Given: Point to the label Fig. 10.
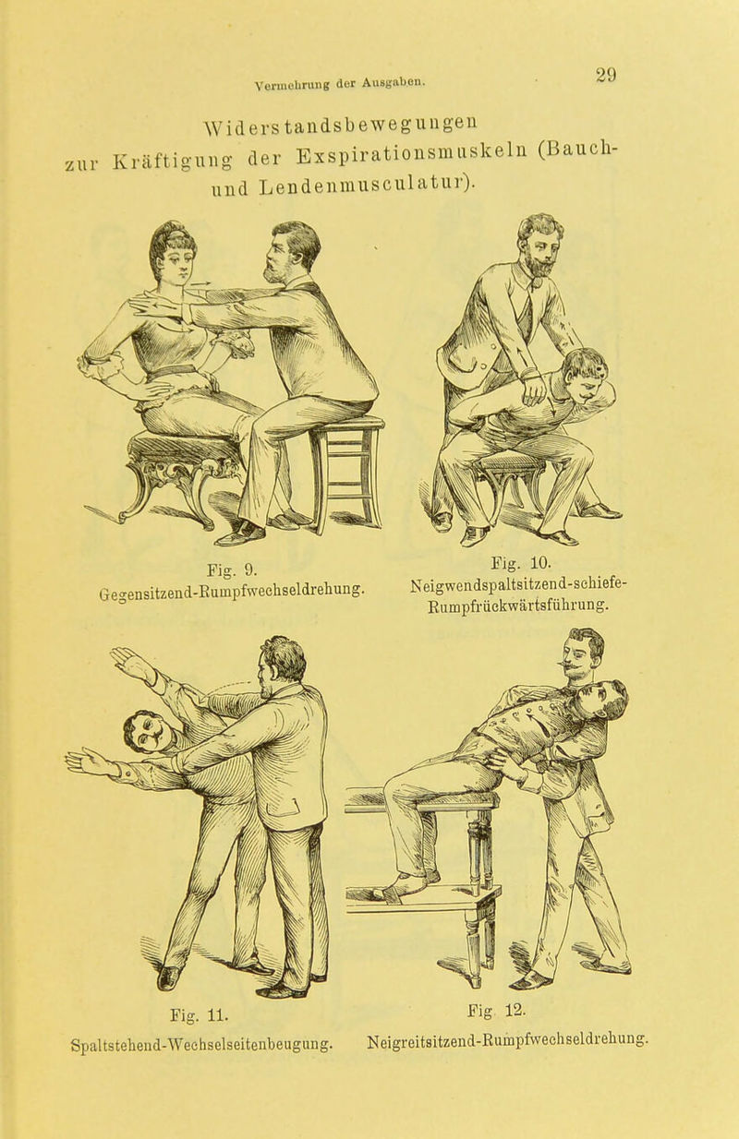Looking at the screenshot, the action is (522, 563).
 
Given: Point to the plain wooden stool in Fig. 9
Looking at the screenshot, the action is (347, 472).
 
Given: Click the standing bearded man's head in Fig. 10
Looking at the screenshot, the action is (541, 244).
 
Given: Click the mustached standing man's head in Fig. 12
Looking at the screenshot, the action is (584, 653).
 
